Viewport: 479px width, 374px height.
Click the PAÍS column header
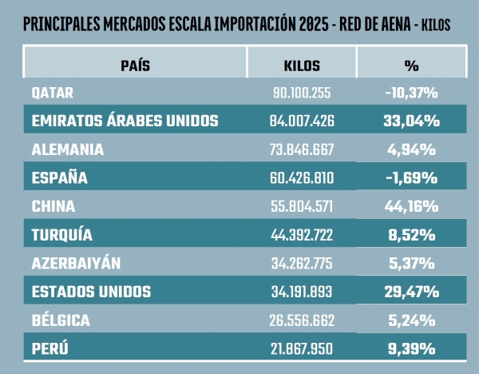point(135,65)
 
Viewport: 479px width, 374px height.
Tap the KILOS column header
point(302,65)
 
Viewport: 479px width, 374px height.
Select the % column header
point(411,65)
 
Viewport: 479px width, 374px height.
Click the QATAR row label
point(53,93)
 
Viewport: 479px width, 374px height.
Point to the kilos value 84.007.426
point(303,121)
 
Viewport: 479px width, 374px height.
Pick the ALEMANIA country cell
point(67,149)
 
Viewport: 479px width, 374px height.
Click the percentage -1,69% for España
point(411,178)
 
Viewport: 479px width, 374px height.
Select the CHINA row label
point(53,206)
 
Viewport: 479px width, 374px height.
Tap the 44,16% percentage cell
point(411,206)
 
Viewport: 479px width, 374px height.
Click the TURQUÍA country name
point(62,235)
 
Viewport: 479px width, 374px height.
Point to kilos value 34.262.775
point(303,263)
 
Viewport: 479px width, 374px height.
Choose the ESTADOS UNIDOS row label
point(91,292)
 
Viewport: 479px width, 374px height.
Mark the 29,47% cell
point(411,292)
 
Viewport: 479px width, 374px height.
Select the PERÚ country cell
point(50,348)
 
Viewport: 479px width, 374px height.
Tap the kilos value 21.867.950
point(303,348)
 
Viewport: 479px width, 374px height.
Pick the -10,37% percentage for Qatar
point(411,93)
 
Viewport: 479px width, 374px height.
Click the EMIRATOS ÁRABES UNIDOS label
point(125,121)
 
